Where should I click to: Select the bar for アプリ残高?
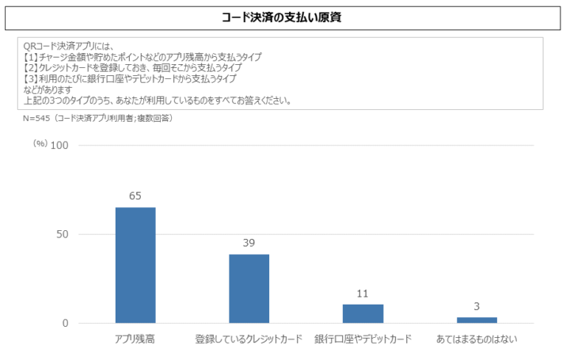pos(135,265)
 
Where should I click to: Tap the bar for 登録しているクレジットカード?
pos(249,289)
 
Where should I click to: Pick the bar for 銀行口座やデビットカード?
pos(363,313)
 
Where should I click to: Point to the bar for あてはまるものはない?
pos(477,320)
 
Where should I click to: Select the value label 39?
pos(249,243)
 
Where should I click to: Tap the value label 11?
pos(363,294)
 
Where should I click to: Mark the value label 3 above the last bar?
pos(477,307)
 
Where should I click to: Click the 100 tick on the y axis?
pos(61,146)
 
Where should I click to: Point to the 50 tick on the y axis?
pos(63,234)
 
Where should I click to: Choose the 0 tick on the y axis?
pos(66,324)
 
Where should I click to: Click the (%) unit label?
pos(40,144)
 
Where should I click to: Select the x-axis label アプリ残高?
pos(135,339)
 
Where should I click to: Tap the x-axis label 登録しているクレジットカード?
pos(249,339)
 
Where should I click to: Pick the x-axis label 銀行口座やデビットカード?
pos(363,339)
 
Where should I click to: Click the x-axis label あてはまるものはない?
pos(477,339)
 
